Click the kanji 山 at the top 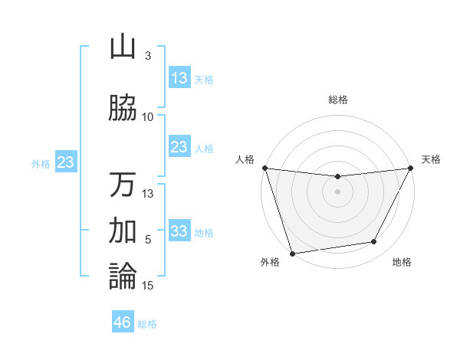(123, 47)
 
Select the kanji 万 (123, 185)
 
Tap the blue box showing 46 (123, 322)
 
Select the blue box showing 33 (179, 231)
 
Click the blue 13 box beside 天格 (179, 78)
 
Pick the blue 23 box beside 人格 (179, 147)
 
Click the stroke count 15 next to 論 (149, 286)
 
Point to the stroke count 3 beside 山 (148, 56)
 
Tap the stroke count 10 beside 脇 (148, 116)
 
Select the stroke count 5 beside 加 (148, 240)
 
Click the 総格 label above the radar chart (338, 100)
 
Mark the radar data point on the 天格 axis (411, 169)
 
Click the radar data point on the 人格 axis (264, 168)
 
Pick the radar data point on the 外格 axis (292, 253)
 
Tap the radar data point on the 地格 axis (374, 242)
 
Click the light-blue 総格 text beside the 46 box (147, 324)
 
